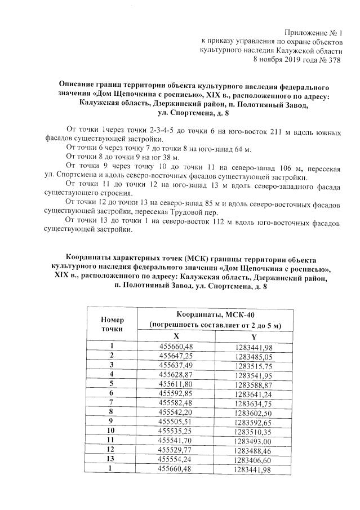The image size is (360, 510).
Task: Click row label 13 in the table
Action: coord(112,459)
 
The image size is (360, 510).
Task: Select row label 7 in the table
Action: coord(112,402)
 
